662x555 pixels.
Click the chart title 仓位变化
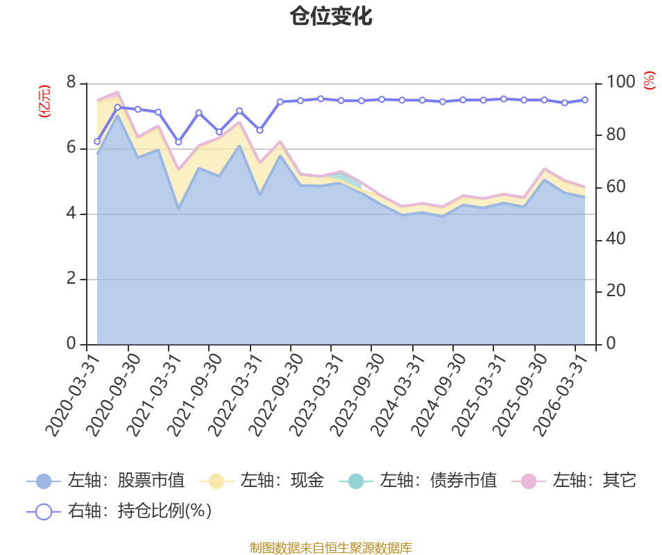click(x=330, y=16)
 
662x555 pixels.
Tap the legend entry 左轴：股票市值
click(x=105, y=481)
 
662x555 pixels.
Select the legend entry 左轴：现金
click(x=262, y=481)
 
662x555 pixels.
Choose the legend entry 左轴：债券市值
click(x=418, y=481)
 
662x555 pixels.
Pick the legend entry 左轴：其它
click(x=574, y=481)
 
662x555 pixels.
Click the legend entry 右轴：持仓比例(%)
click(x=119, y=511)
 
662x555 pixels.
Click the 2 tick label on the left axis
click(x=71, y=279)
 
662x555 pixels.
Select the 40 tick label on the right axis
click(x=616, y=239)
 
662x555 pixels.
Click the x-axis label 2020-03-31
click(x=73, y=395)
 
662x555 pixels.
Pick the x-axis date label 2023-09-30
click(x=357, y=395)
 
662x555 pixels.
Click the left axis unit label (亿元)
click(x=44, y=101)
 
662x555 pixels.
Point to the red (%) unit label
click(x=650, y=80)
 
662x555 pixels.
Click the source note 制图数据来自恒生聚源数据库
click(x=330, y=547)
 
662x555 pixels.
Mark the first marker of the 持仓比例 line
click(x=97, y=142)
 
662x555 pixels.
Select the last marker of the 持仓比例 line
click(x=585, y=100)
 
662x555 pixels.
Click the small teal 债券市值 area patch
click(x=348, y=180)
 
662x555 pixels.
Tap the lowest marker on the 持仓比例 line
click(x=178, y=142)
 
